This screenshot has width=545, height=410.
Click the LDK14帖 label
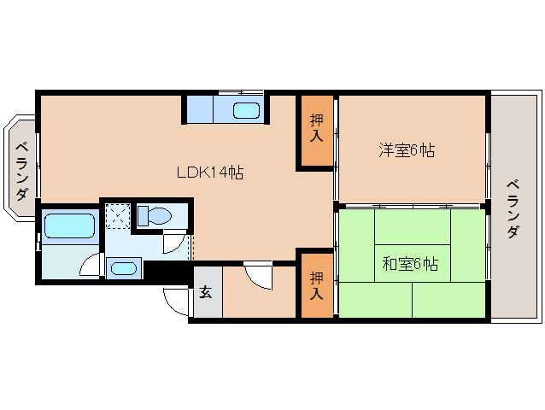(210, 173)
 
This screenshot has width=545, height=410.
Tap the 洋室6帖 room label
(407, 151)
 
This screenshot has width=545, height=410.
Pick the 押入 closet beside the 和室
(316, 284)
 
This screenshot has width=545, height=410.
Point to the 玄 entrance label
(206, 292)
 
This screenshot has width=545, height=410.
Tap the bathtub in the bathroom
(68, 225)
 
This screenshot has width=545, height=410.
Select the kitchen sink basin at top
(246, 109)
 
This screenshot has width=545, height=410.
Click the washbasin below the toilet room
(123, 268)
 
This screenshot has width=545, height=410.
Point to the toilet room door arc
(174, 243)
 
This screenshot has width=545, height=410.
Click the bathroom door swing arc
(91, 266)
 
